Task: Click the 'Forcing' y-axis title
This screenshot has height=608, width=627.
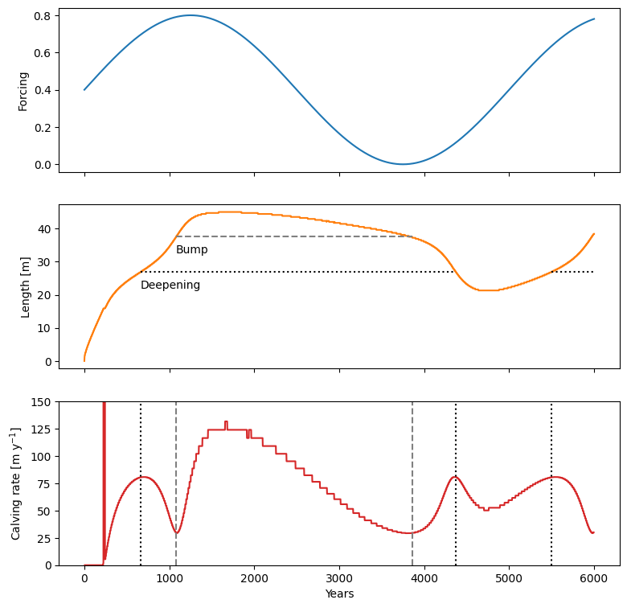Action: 24,90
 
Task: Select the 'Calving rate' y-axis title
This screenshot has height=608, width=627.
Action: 16,483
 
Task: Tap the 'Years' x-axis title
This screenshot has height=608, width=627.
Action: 339,594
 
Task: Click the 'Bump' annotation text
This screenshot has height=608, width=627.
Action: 192,250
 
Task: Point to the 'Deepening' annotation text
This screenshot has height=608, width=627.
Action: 170,286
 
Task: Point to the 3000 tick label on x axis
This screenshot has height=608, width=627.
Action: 339,577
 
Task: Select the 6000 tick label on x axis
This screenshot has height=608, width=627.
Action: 594,577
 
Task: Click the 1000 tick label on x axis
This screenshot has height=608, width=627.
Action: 170,577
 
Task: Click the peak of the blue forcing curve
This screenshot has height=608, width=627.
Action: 191,15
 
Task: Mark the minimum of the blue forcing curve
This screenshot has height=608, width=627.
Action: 403,164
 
